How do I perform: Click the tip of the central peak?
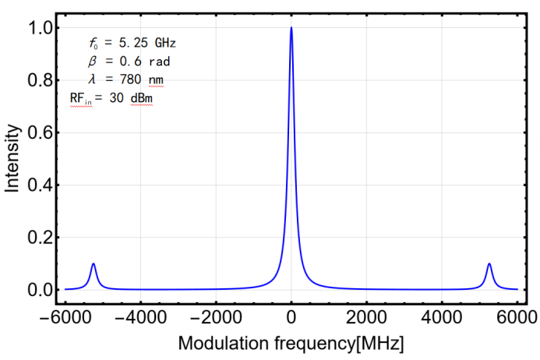[291, 27]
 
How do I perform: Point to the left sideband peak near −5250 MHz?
[94, 263]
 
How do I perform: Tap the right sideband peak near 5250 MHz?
[489, 263]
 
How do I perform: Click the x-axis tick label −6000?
[62, 318]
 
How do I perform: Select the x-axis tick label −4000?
[138, 318]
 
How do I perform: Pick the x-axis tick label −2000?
[214, 318]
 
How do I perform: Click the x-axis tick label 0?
[291, 318]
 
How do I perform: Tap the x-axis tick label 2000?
[367, 318]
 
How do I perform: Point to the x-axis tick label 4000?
[443, 318]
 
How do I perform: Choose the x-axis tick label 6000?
[519, 318]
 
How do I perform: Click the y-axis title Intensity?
[12, 160]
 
